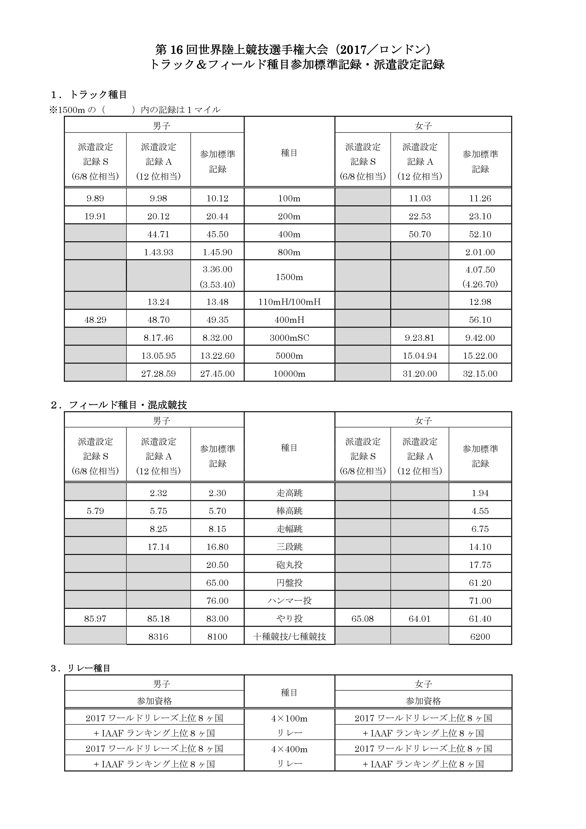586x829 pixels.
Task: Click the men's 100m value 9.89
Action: coord(95,198)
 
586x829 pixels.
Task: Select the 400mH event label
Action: coord(289,320)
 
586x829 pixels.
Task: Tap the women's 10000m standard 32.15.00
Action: coord(480,374)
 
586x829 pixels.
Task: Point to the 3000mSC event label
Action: coord(289,338)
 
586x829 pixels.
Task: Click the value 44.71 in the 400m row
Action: coord(158,234)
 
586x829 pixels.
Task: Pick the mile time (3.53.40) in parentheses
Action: coord(217,285)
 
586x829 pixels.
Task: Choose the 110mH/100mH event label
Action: coord(289,302)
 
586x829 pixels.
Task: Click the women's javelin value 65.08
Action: coord(362,618)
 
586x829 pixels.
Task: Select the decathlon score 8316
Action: coord(158,637)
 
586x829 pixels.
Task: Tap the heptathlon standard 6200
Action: coord(480,637)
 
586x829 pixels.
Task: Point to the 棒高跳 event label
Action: coord(289,511)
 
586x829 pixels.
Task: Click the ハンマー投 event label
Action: coord(289,600)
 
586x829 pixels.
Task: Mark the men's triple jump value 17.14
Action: coord(158,547)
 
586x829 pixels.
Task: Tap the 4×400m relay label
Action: coord(289,749)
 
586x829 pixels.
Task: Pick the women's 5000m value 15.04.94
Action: coord(420,356)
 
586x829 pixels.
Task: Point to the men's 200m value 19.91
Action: coord(95,216)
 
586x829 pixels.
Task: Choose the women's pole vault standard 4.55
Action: coord(480,511)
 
